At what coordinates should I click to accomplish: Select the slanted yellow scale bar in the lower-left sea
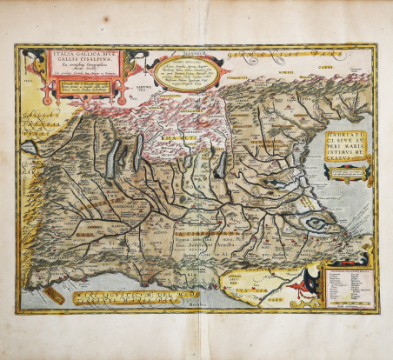point(53,297)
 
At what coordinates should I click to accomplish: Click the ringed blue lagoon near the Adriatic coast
point(315,224)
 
